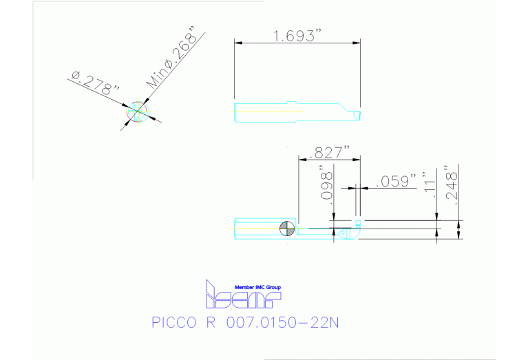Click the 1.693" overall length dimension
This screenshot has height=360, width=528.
coord(297,35)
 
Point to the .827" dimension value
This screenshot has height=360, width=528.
coord(330,152)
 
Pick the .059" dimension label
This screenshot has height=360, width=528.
coord(397,182)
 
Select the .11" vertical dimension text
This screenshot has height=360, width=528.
coord(432,185)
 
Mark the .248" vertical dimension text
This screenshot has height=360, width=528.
coord(452,182)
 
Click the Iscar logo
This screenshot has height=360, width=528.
coord(242,297)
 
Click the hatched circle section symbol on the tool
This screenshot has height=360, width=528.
coord(288,229)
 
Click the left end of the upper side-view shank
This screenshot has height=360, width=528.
coord(236,112)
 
